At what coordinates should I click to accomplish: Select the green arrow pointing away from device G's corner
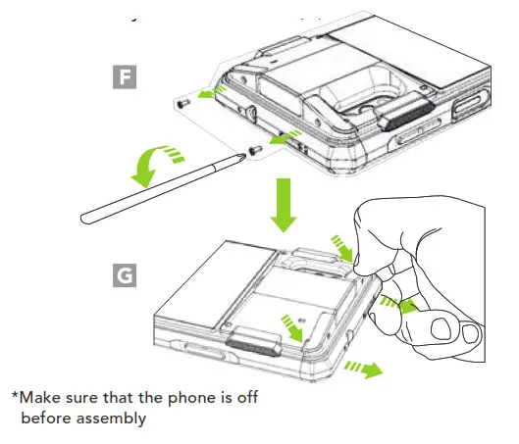365,370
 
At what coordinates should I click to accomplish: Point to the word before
47,419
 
